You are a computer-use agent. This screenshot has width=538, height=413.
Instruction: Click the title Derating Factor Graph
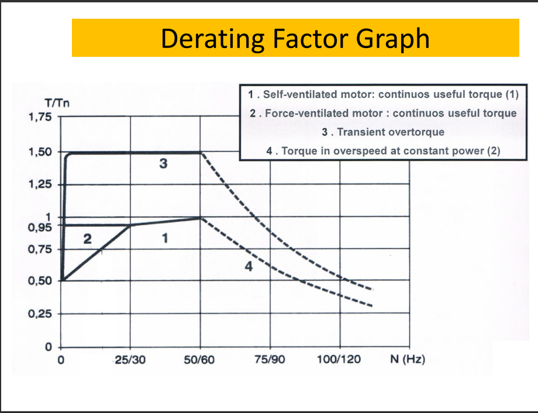(295, 38)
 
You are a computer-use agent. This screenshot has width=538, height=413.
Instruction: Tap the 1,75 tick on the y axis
(40, 117)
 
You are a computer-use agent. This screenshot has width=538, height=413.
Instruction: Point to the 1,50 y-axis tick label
(40, 152)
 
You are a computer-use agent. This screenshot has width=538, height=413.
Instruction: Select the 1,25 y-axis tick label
(40, 185)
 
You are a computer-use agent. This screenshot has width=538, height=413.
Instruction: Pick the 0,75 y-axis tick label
(40, 250)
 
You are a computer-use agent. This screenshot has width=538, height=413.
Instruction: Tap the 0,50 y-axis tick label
(40, 280)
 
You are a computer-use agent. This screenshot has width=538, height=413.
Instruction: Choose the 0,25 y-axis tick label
(40, 314)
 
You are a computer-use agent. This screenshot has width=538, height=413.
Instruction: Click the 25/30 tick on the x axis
(130, 359)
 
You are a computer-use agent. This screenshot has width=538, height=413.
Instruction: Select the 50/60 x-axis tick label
(200, 359)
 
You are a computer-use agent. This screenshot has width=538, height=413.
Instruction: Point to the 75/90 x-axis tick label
(270, 359)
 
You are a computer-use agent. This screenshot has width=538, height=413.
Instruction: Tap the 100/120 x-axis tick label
(339, 359)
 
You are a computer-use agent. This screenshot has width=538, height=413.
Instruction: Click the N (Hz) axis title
(407, 359)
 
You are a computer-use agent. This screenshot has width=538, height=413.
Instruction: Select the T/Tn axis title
(58, 103)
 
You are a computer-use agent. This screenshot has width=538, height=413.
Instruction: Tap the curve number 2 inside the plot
(87, 238)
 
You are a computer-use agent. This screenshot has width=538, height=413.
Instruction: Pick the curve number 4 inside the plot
(248, 267)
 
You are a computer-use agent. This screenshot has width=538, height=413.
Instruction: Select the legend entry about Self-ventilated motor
(383, 94)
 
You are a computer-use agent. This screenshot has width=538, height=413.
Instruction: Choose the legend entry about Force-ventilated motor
(383, 113)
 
